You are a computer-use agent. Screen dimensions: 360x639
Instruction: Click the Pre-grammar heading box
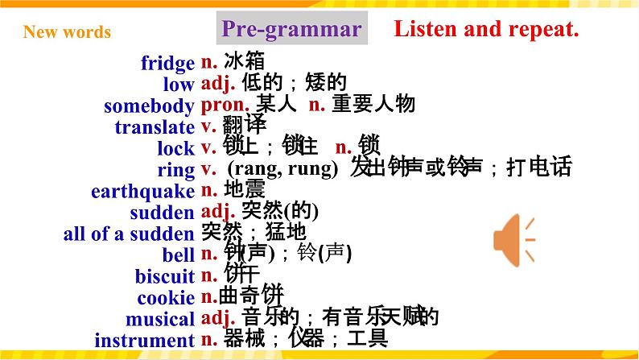pyautogui.click(x=291, y=31)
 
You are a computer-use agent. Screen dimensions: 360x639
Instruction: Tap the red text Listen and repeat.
pyautogui.click(x=486, y=31)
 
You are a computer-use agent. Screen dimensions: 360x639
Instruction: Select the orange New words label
pyautogui.click(x=67, y=32)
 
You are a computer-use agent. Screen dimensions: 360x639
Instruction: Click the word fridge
pyautogui.click(x=167, y=63)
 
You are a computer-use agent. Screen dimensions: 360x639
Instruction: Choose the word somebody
pyautogui.click(x=149, y=106)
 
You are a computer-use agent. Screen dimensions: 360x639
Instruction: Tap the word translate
pyautogui.click(x=155, y=127)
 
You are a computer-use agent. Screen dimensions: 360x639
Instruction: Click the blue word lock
pyautogui.click(x=175, y=148)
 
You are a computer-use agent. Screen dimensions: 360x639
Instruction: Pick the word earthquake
pyautogui.click(x=142, y=192)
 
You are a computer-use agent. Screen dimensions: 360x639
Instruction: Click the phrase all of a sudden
pyautogui.click(x=129, y=234)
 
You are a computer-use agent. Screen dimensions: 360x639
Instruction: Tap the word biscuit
pyautogui.click(x=165, y=277)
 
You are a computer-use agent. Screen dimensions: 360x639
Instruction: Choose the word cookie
pyautogui.click(x=166, y=298)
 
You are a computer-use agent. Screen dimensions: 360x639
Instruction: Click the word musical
pyautogui.click(x=160, y=320)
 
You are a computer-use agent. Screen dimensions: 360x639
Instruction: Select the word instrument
pyautogui.click(x=144, y=340)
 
